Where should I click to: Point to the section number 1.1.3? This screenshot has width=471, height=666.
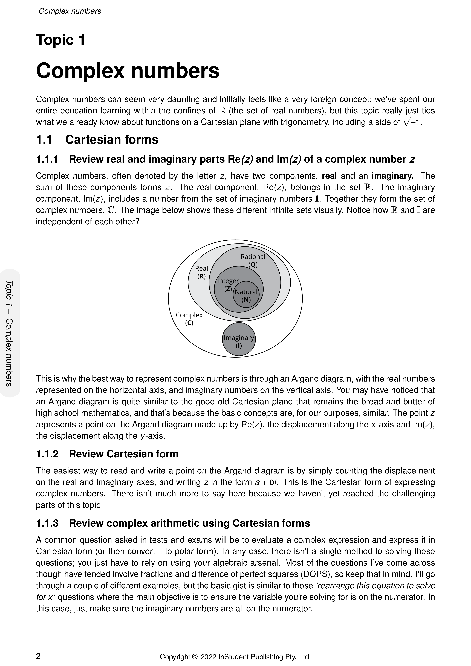click(x=47, y=523)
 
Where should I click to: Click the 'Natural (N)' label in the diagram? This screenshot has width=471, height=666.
click(x=246, y=296)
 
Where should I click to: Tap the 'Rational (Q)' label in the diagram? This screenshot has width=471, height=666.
click(x=253, y=260)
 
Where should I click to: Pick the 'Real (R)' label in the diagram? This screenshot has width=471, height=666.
click(x=201, y=272)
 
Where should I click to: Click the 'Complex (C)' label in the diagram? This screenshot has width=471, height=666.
click(x=189, y=318)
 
